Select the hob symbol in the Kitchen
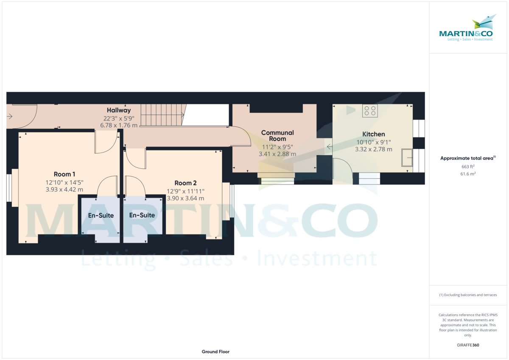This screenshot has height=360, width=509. (x=370, y=111)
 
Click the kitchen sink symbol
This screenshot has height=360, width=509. (x=407, y=158)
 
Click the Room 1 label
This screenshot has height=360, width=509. (x=64, y=174)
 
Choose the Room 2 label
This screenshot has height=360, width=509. (x=186, y=183)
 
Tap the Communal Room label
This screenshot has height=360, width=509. (x=277, y=136)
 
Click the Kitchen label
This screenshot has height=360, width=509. (x=373, y=134)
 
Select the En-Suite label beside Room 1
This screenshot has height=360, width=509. (x=101, y=215)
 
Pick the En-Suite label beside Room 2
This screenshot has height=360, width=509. (x=142, y=215)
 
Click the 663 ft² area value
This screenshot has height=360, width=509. (x=467, y=167)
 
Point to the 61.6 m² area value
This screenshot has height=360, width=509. (x=467, y=174)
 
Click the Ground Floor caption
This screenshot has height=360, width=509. (x=215, y=352)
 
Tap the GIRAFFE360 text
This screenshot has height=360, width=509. (x=467, y=345)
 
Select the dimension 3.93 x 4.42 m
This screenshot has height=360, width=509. (x=64, y=190)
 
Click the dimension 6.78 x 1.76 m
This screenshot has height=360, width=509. (x=119, y=126)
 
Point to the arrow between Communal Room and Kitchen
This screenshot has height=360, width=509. (x=329, y=147)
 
